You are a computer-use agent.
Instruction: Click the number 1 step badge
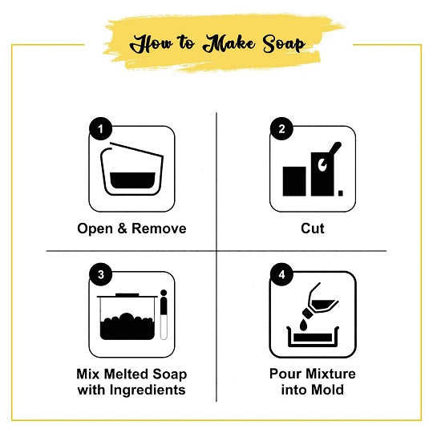click(x=100, y=128)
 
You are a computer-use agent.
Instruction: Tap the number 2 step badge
click(x=281, y=128)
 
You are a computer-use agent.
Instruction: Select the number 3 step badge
click(x=100, y=274)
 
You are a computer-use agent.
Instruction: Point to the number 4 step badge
click(x=281, y=274)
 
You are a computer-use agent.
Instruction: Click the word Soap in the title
click(x=284, y=43)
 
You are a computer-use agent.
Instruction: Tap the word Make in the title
click(x=229, y=43)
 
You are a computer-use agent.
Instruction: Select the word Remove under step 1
click(x=159, y=229)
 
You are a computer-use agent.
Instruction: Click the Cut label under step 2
click(x=313, y=229)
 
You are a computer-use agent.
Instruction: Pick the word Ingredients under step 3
click(x=148, y=391)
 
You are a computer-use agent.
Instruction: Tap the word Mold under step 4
click(x=327, y=390)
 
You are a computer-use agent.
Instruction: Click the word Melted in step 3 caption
click(x=127, y=374)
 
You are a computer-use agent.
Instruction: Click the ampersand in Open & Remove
click(x=122, y=229)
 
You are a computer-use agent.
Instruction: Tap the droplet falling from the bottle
click(x=303, y=325)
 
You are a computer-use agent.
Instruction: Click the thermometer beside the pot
click(x=164, y=315)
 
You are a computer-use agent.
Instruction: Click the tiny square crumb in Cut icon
click(x=341, y=193)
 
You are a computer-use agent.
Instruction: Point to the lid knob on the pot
click(x=127, y=294)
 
